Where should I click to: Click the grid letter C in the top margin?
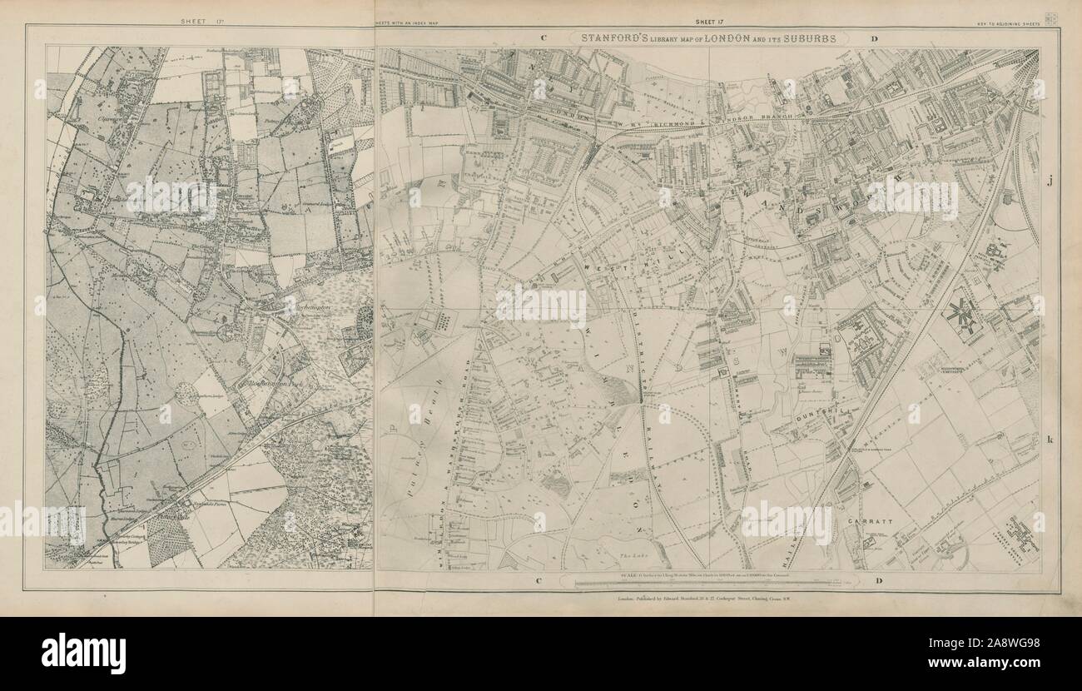click(x=542, y=38)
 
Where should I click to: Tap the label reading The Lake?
click(x=630, y=553)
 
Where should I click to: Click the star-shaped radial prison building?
click(x=964, y=314)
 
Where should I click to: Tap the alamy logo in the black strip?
click(x=83, y=654)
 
